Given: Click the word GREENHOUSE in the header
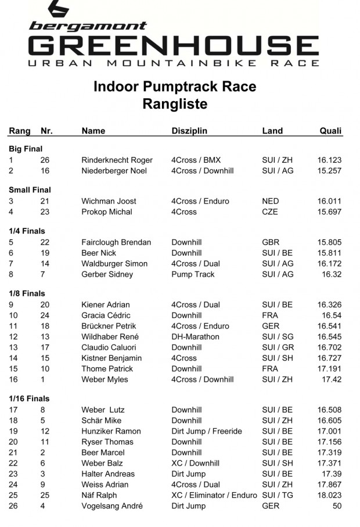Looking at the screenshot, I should [173, 45].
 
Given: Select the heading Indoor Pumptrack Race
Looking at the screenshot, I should [175, 87].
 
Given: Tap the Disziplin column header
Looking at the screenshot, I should [189, 131].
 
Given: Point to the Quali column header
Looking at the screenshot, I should [330, 131].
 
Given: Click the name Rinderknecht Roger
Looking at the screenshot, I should [117, 160].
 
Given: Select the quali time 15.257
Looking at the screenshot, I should [329, 171].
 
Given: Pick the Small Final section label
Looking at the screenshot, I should [30, 190].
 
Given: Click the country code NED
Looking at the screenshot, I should [271, 201].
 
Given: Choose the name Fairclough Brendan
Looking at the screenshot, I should [116, 242].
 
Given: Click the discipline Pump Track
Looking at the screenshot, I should [193, 274].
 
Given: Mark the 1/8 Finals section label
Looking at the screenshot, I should [27, 293].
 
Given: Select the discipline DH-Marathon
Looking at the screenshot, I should [195, 337].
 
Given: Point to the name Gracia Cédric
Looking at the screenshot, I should [106, 316].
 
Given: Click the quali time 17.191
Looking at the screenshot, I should [329, 369].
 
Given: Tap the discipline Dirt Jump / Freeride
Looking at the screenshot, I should [206, 431].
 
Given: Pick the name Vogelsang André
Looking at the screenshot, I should [112, 506].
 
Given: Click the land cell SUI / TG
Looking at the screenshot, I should [278, 495].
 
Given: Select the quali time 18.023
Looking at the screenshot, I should [329, 495].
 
